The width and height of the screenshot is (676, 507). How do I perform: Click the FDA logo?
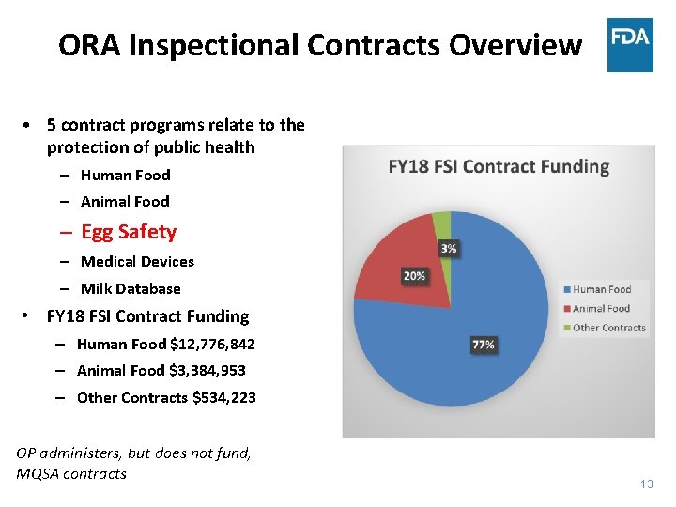pyautogui.click(x=630, y=44)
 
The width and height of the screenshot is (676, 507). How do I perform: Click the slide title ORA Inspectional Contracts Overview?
pyautogui.click(x=319, y=45)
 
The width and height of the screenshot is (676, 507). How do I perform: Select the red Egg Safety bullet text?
pyautogui.click(x=128, y=232)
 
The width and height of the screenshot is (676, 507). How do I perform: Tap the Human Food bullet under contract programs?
pyautogui.click(x=125, y=175)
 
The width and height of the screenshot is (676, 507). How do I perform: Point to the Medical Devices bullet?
pyautogui.click(x=137, y=262)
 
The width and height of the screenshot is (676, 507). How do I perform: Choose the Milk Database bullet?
pyautogui.click(x=131, y=289)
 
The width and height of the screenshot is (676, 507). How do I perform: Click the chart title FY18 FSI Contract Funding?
pyautogui.click(x=499, y=167)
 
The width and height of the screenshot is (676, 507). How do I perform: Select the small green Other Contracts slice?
pyautogui.click(x=442, y=223)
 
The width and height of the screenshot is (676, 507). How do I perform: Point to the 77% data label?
pyautogui.click(x=483, y=346)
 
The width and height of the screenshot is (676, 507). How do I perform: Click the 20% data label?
pyautogui.click(x=413, y=276)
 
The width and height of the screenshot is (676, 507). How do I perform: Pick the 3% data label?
pyautogui.click(x=449, y=249)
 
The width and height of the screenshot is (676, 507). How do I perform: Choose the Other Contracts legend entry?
pyautogui.click(x=608, y=328)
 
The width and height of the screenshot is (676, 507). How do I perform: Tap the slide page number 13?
pyautogui.click(x=646, y=484)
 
